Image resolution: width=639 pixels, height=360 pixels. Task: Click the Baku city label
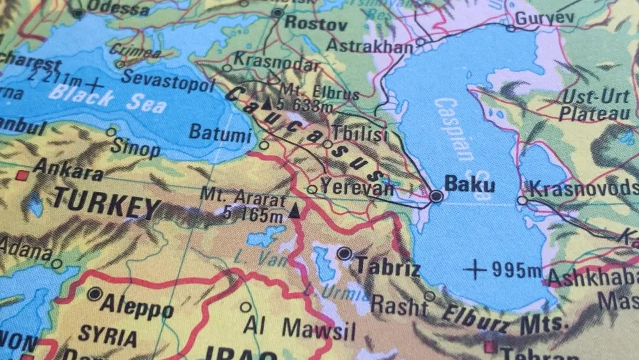[469, 185]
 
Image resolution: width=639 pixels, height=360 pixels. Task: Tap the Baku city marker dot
[436, 196]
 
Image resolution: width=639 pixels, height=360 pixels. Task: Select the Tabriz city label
[388, 266]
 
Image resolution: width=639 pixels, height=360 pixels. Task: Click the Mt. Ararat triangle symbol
[294, 210]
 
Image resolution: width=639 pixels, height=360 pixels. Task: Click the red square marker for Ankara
[23, 174]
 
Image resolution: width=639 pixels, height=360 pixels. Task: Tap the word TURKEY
[106, 204]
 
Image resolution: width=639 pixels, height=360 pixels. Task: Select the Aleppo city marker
[95, 294]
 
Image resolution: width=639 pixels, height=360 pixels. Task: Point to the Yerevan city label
[357, 187]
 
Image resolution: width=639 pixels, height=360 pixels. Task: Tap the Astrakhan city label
[369, 46]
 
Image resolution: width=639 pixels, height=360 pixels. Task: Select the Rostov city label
[316, 24]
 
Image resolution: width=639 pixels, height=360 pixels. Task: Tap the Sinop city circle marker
[111, 132]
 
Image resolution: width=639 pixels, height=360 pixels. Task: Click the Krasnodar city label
[275, 63]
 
